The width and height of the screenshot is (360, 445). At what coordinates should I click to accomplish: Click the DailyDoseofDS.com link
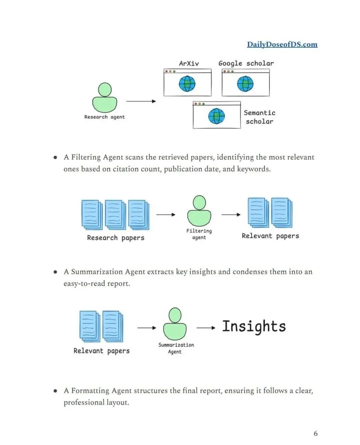(282, 44)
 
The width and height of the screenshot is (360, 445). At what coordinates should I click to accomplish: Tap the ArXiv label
(189, 63)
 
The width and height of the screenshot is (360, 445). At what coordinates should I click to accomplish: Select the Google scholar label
(246, 63)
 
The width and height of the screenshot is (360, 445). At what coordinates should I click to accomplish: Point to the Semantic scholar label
(259, 117)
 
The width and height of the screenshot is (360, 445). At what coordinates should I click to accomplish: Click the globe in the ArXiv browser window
(187, 83)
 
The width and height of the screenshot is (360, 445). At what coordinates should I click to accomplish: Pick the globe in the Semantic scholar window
(216, 116)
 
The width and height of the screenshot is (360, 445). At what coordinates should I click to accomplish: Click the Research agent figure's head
(105, 90)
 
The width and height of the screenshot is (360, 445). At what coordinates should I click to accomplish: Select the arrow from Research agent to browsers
(141, 101)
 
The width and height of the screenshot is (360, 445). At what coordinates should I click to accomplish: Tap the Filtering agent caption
(199, 234)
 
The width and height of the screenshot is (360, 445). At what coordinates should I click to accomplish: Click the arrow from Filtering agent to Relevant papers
(231, 214)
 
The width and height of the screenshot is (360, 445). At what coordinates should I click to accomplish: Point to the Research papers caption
(116, 238)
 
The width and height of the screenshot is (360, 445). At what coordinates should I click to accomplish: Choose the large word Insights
(254, 327)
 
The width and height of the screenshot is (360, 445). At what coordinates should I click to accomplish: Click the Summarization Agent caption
(176, 348)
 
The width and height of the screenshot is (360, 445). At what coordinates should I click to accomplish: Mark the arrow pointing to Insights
(206, 328)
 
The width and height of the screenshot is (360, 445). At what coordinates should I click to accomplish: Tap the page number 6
(316, 433)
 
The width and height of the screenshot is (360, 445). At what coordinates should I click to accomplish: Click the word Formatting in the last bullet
(90, 391)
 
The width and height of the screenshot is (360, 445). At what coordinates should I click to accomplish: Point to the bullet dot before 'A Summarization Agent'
(55, 272)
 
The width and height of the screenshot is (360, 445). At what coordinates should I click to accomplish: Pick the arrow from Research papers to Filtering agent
(166, 214)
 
